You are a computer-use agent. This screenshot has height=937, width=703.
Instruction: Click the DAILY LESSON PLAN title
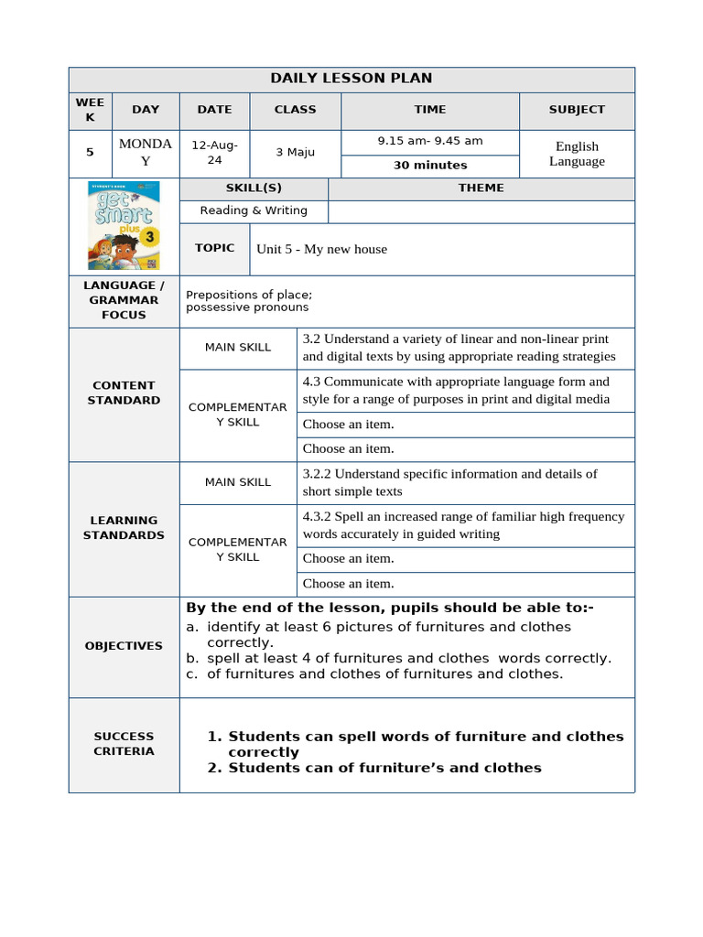(x=351, y=79)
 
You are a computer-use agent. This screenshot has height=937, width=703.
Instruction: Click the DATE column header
(x=215, y=110)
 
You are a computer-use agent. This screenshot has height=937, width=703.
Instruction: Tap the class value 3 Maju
(x=295, y=153)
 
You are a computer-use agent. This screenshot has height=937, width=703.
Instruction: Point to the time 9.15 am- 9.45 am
(x=430, y=142)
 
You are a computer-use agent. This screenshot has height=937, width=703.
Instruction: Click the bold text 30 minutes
(x=430, y=166)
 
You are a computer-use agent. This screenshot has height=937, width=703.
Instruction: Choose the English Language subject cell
(x=577, y=154)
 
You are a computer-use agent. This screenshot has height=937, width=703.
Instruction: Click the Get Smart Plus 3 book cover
(x=124, y=225)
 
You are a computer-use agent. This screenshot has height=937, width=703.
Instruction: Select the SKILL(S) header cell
(x=254, y=188)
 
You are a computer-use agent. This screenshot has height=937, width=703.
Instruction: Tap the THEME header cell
(x=481, y=188)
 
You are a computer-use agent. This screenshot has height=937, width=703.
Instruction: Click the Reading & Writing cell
(x=254, y=211)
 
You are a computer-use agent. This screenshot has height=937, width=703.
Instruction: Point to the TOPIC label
(x=215, y=248)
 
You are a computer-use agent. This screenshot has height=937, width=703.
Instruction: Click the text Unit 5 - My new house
(x=322, y=249)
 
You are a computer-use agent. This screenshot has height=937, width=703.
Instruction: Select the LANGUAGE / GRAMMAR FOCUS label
(x=124, y=300)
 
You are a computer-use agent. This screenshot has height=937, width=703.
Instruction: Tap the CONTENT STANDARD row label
(x=124, y=393)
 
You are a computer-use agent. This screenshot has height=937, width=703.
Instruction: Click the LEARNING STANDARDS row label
(x=124, y=528)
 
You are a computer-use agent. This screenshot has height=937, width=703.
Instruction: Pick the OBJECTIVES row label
(x=124, y=646)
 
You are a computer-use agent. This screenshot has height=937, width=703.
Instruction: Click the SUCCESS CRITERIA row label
(x=124, y=744)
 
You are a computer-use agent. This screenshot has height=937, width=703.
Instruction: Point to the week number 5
(x=90, y=153)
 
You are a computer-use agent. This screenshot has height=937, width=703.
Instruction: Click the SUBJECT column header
(x=577, y=110)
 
